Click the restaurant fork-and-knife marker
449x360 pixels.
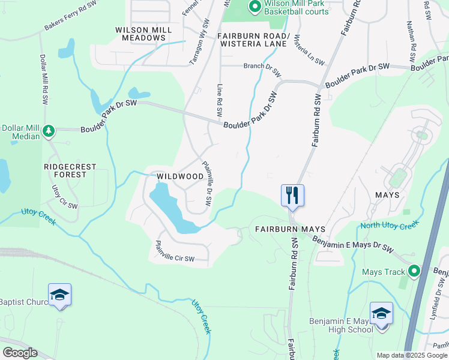tap(292, 195)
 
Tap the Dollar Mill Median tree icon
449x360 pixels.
tap(49, 130)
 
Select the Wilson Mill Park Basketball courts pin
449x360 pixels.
tap(255, 7)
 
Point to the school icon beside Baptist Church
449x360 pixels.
tap(59, 294)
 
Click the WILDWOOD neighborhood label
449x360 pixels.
tap(179, 176)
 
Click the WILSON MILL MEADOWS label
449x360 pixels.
tap(140, 33)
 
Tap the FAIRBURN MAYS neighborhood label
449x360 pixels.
tap(290, 229)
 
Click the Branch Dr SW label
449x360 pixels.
tap(262, 69)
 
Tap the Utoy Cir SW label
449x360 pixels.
tap(64, 196)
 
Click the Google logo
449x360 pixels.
tap(19, 352)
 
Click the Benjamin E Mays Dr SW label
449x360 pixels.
tap(352, 244)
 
